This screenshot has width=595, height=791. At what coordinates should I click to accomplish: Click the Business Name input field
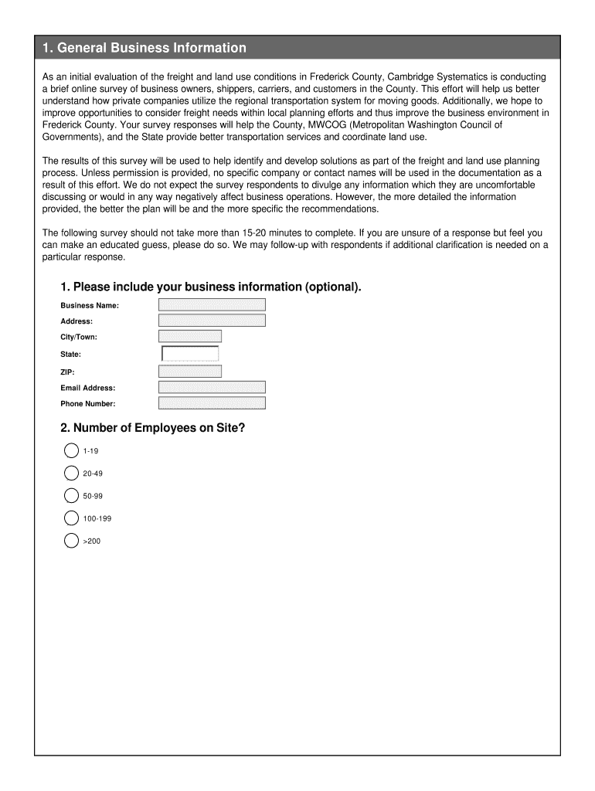tap(212, 305)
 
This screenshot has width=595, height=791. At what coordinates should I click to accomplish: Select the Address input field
tap(212, 321)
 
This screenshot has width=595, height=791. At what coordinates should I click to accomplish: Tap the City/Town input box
tap(190, 337)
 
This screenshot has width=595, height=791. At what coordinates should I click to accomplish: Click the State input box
tap(190, 354)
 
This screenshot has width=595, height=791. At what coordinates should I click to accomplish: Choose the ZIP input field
tap(190, 372)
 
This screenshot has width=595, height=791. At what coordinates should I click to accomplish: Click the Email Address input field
tap(212, 388)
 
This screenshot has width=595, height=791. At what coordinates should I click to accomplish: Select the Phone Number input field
tap(212, 403)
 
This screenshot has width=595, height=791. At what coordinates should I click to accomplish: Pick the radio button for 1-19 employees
tap(72, 450)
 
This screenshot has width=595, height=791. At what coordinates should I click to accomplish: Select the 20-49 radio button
tap(72, 473)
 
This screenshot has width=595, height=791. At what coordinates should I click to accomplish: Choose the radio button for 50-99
tap(72, 495)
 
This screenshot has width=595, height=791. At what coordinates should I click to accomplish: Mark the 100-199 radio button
tap(72, 518)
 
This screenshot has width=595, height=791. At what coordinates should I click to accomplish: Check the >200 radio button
tap(72, 541)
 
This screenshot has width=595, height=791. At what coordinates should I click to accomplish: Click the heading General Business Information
tap(144, 48)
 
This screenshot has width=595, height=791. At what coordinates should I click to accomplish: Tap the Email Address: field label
tap(88, 388)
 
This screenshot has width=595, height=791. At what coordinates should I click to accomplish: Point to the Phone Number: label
tap(88, 403)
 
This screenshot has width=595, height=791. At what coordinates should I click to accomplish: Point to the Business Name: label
tap(90, 305)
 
